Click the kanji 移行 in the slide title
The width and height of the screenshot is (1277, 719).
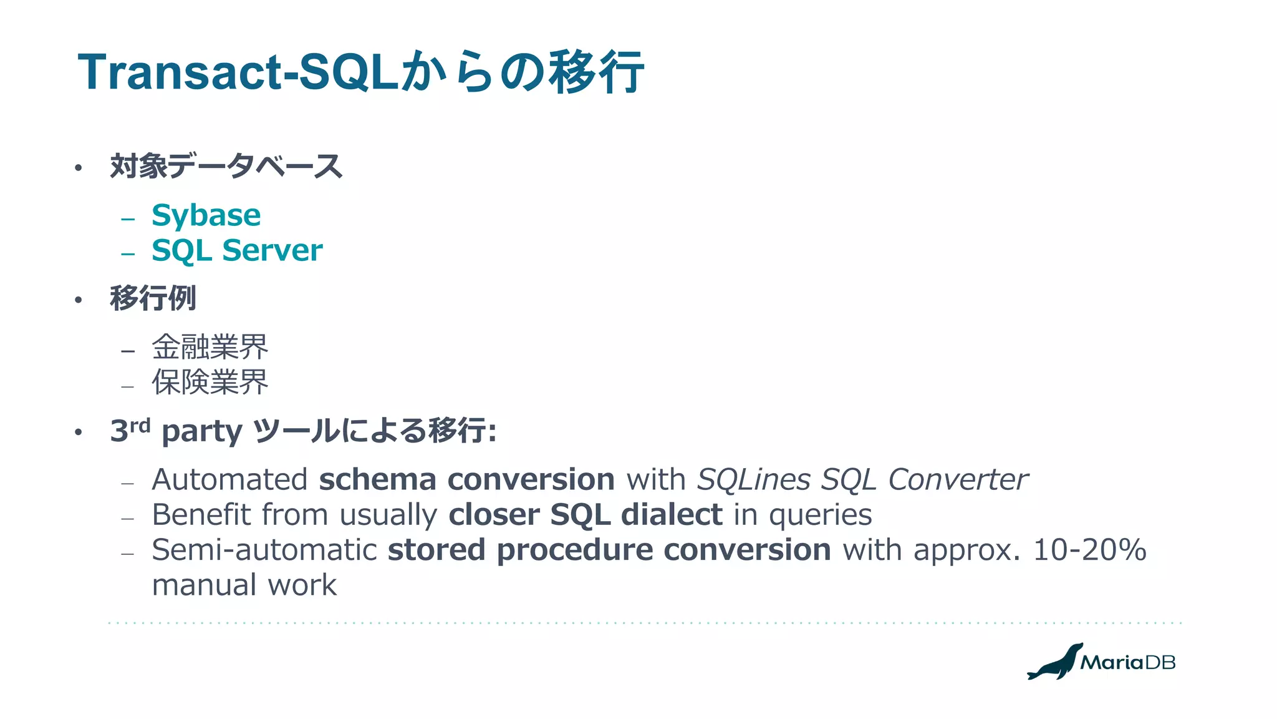[595, 72]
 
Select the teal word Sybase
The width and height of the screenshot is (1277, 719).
[206, 215]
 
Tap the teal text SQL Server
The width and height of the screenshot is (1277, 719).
[237, 250]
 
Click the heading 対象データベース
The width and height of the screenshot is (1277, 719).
[226, 167]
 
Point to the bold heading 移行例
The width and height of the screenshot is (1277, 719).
[153, 298]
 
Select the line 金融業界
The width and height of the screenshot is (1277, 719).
[210, 347]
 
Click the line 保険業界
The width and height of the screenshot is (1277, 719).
[210, 382]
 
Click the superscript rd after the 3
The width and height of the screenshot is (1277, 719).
[140, 426]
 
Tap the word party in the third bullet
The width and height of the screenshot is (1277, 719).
[201, 432]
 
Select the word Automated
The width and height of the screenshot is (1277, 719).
[229, 479]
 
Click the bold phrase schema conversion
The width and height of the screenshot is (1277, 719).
[466, 479]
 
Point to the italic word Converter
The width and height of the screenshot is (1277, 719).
[957, 479]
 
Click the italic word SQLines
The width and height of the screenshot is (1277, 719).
[753, 479]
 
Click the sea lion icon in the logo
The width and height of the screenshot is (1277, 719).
[1055, 662]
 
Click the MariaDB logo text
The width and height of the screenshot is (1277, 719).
[1127, 662]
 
